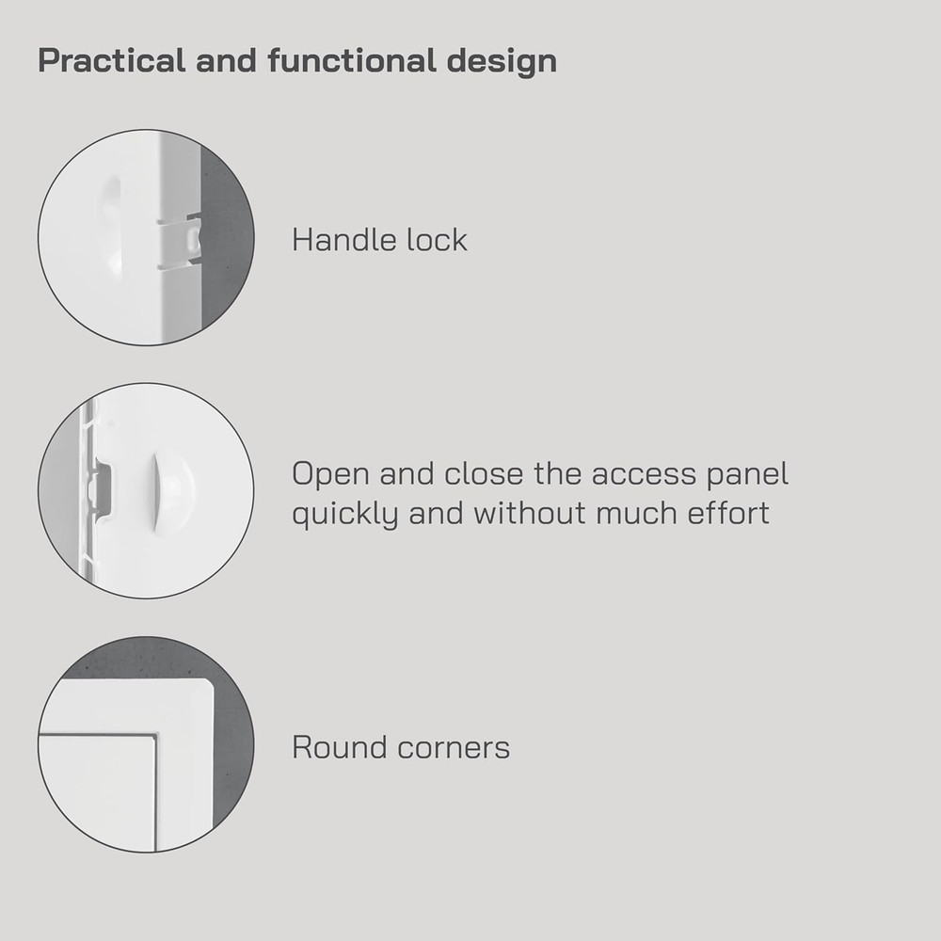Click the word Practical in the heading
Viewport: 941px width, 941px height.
tap(99, 61)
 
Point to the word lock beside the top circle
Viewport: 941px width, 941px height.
tap(436, 240)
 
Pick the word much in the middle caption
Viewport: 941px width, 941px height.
tap(641, 514)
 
